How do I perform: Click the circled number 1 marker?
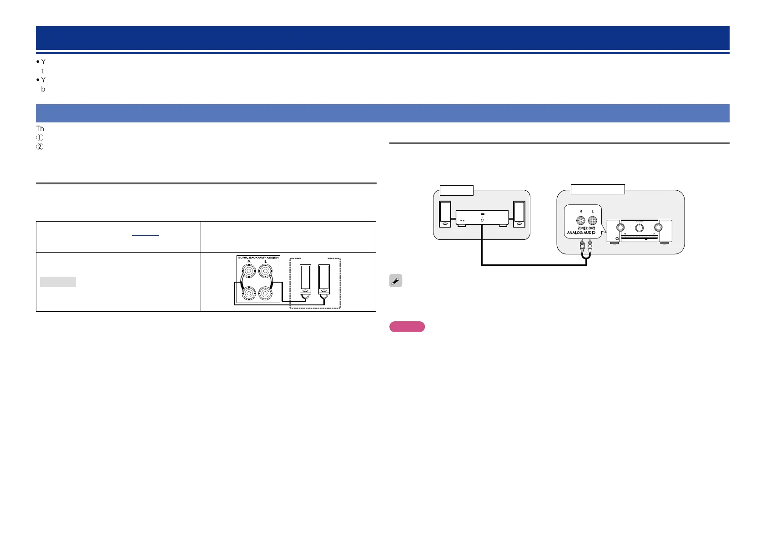tap(39, 138)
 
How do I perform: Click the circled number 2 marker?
tap(39, 147)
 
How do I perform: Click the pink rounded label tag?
tap(407, 327)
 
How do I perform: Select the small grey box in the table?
tap(58, 282)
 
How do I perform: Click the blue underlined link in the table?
tap(146, 235)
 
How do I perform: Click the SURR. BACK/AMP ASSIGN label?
tap(258, 258)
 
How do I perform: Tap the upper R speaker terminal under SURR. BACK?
tap(249, 272)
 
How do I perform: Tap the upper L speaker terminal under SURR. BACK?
tap(266, 272)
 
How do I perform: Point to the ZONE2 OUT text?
tap(586, 228)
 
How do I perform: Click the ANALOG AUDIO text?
tap(581, 233)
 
